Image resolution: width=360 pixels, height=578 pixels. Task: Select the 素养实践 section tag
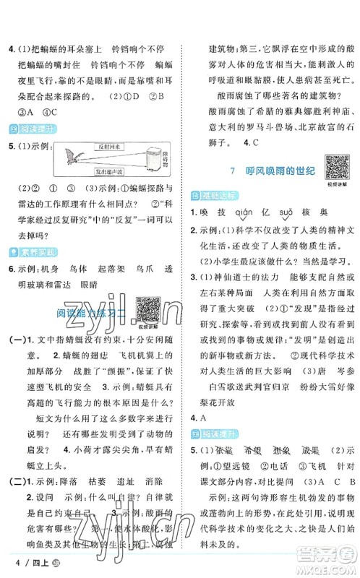(28, 251)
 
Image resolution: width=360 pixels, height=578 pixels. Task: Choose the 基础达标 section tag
(207, 195)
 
